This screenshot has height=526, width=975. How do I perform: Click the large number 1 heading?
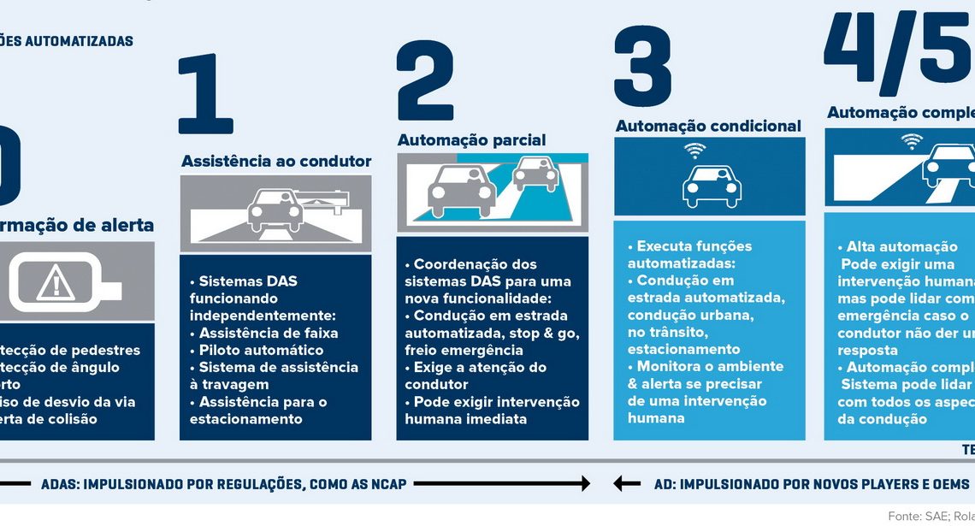coord(206,94)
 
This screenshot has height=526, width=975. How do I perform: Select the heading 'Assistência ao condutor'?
coord(276,161)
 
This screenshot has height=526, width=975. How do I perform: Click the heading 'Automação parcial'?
coord(471,139)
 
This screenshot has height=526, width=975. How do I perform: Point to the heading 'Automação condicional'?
coord(708,126)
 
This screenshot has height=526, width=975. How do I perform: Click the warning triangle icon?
coord(56,281)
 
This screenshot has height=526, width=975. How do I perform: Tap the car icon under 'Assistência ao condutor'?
coord(275,210)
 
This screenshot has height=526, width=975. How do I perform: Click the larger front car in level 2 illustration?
coord(461,189)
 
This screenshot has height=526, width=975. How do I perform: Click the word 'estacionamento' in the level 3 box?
coord(683,349)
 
